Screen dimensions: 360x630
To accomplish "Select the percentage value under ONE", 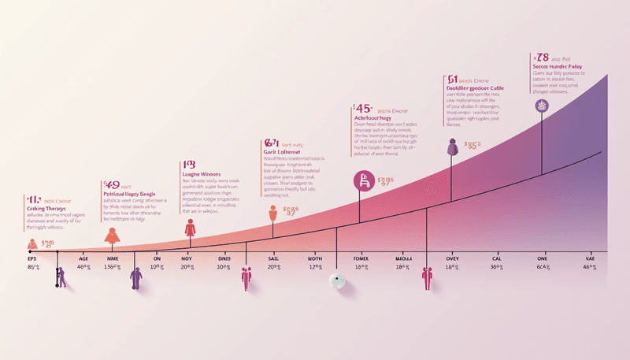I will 543,268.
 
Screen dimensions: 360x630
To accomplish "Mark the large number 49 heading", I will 112,184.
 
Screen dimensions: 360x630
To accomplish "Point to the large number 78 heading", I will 541,58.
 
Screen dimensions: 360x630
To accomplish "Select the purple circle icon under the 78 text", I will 541,106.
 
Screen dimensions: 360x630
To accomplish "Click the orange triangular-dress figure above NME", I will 112,234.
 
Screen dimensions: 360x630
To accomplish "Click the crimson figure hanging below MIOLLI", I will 428,278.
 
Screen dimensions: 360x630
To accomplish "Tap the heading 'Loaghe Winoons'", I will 201,173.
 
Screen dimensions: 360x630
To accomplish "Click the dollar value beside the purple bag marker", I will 472,146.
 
